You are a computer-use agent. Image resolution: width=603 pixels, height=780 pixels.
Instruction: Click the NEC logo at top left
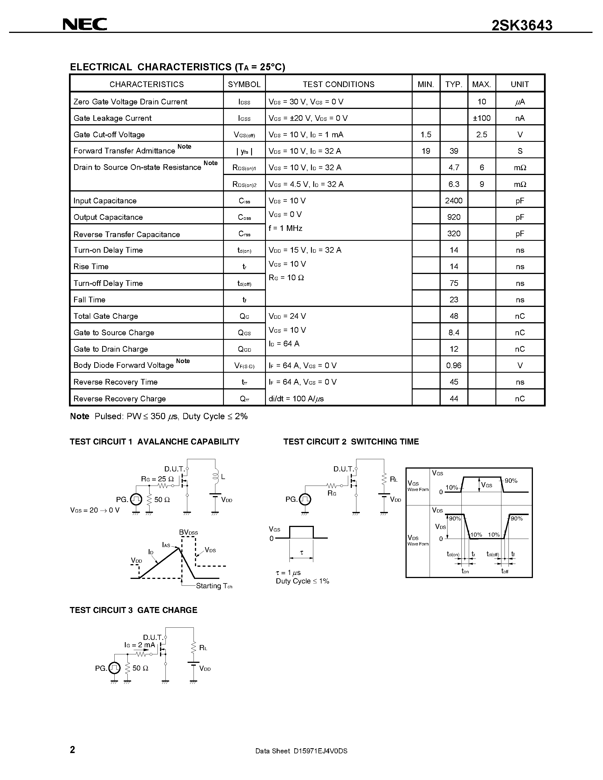[x=85, y=24]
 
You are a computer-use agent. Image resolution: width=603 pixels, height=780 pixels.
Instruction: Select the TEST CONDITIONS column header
[x=338, y=84]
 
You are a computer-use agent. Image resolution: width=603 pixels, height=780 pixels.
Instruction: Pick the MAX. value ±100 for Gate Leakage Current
[x=482, y=118]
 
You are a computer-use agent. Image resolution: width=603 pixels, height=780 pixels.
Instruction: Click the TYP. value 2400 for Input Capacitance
[x=454, y=201]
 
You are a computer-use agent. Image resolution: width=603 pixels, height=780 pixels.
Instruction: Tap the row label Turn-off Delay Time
[x=108, y=283]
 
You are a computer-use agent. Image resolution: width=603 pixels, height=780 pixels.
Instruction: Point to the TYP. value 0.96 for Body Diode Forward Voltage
[x=454, y=365]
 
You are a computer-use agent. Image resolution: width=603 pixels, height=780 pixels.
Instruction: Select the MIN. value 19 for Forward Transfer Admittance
[x=426, y=151]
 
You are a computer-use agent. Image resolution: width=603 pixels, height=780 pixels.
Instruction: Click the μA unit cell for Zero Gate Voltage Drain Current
[x=520, y=102]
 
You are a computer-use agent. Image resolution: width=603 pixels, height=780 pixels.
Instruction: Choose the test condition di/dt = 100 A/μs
[x=296, y=399]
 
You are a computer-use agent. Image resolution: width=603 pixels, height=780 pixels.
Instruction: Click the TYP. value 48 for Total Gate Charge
[x=454, y=316]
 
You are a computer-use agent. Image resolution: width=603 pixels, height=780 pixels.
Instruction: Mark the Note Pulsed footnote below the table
[x=159, y=416]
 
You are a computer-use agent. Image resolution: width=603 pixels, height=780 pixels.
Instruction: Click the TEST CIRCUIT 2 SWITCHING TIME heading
[x=351, y=442]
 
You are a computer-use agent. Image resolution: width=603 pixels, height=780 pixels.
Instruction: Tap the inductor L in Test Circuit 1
[x=215, y=477]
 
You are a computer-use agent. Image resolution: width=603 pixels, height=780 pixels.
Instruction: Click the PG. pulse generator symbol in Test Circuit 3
[x=114, y=668]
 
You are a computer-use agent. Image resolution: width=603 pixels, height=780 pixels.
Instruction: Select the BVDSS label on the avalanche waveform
[x=188, y=532]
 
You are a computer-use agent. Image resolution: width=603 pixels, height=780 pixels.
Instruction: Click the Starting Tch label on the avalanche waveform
[x=214, y=586]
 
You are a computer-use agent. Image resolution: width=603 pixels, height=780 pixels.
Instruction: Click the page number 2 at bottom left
[x=73, y=749]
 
